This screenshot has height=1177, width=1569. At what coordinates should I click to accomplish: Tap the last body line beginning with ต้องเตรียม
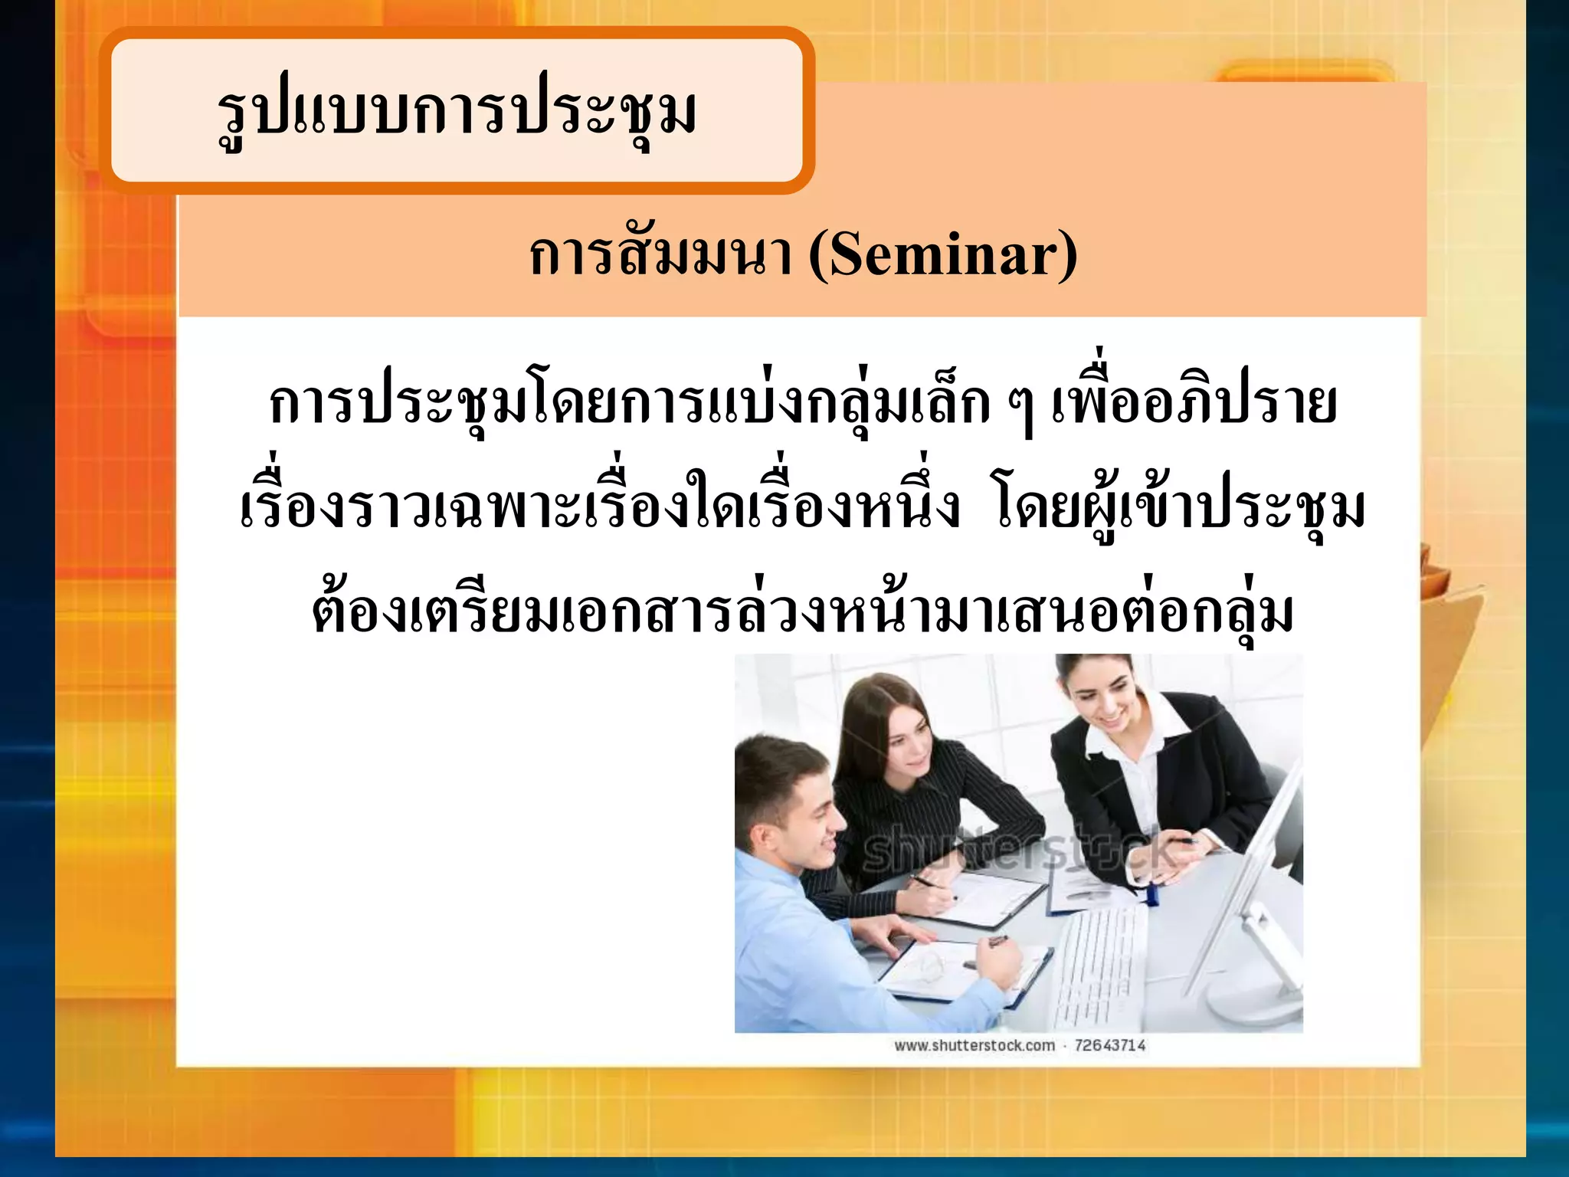pyautogui.click(x=802, y=613)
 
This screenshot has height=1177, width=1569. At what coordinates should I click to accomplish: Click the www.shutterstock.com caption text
pyautogui.click(x=974, y=1046)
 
